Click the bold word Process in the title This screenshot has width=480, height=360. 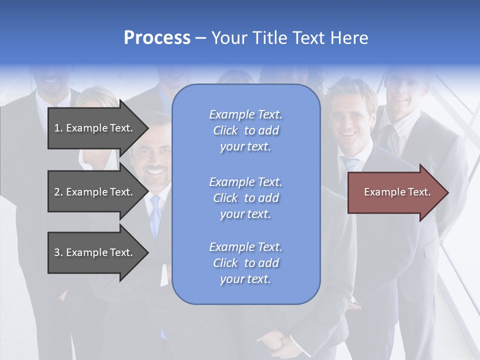[x=157, y=38]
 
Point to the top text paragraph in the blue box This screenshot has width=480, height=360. [x=245, y=130]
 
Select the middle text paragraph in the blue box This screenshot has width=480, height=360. [x=245, y=198]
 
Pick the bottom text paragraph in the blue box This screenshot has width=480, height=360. [x=245, y=263]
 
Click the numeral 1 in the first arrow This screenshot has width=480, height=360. [x=57, y=128]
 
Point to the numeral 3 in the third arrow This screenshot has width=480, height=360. [x=57, y=252]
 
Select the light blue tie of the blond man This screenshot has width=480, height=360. [x=350, y=165]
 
